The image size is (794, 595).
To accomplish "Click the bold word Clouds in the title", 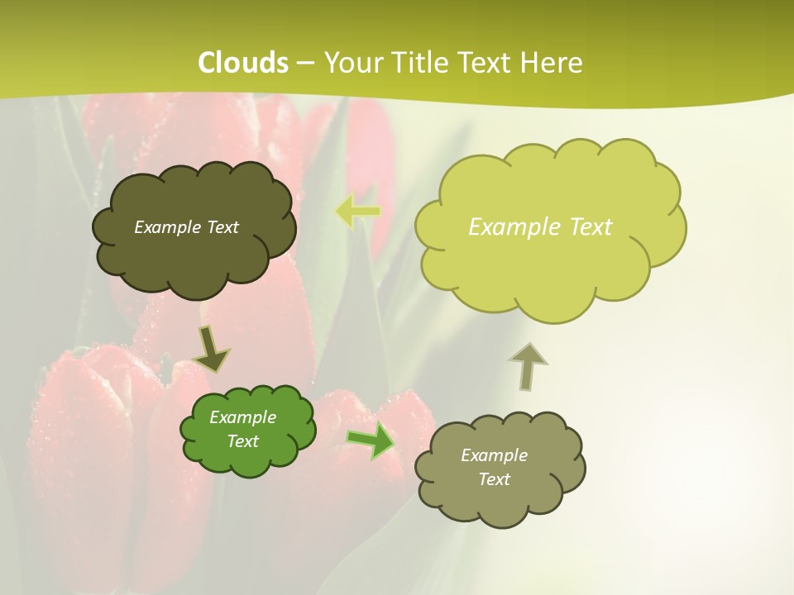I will (243, 63).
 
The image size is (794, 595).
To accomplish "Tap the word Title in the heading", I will (422, 63).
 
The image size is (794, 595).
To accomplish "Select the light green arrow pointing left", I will (358, 211).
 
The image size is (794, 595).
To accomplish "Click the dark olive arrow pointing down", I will (211, 349).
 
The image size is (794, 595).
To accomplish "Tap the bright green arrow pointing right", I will (371, 441).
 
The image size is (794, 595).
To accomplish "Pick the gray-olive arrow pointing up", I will (528, 366).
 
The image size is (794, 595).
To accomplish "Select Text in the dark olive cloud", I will (222, 227).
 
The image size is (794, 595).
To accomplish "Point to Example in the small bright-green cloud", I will (242, 417).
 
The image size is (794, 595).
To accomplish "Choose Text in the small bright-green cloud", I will (242, 441).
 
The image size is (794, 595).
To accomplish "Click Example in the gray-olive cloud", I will (494, 455).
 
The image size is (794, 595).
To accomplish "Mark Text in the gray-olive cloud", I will (494, 479).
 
